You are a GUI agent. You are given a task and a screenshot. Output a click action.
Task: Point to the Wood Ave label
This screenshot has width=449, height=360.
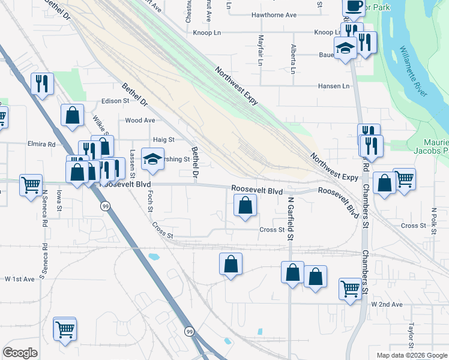(x=140, y=120)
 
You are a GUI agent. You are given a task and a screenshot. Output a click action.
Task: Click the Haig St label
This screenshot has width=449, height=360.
(x=163, y=139)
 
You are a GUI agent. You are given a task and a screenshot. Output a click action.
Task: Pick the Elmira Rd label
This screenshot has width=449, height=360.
(x=41, y=144)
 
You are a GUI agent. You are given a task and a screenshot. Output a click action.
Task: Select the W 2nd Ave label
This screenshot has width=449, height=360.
(x=387, y=305)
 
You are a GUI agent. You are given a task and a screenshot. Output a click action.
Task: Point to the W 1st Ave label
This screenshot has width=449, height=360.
(x=21, y=280)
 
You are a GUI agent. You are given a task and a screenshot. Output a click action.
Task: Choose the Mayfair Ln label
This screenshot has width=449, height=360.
(x=261, y=50)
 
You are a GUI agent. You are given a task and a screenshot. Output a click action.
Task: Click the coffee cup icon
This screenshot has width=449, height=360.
(x=353, y=6)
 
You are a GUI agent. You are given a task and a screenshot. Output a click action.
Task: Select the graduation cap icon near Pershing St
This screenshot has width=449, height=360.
(x=152, y=159)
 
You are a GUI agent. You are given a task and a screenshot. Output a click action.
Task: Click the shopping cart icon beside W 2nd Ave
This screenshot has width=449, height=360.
(x=350, y=289)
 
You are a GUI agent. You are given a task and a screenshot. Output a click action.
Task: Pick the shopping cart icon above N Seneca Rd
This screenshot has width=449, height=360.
(x=31, y=184)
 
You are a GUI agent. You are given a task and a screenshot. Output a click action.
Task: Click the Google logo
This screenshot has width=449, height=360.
(x=20, y=353)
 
